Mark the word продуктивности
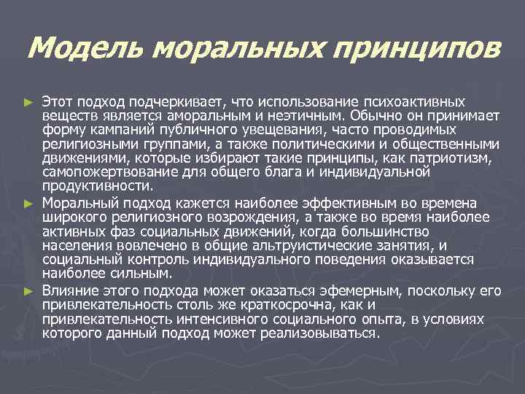(90, 186)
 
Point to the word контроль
(153, 259)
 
